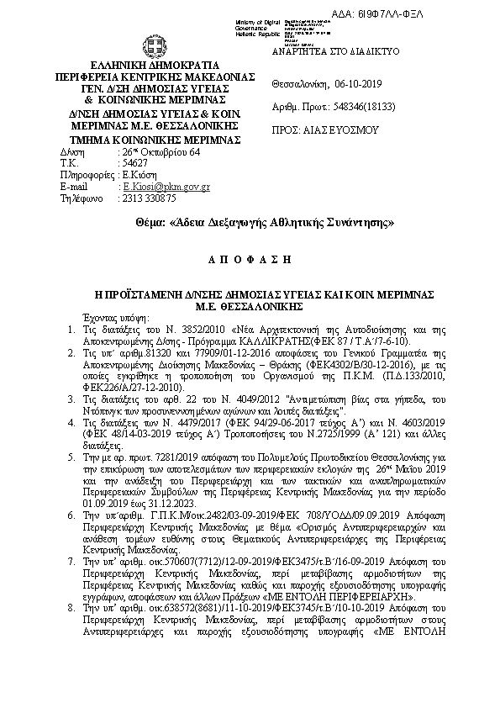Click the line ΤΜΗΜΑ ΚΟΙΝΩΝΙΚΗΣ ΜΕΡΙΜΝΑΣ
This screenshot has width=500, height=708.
click(155, 139)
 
